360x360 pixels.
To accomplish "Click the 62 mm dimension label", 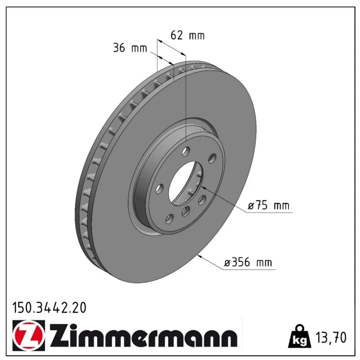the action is click(x=187, y=35).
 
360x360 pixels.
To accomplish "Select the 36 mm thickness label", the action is click(x=130, y=48).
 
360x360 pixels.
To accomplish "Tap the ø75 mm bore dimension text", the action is click(x=269, y=205).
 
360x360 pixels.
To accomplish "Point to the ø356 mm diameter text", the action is click(x=248, y=262).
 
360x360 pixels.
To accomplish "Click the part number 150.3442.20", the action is click(x=49, y=308).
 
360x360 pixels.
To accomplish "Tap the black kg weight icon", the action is click(x=299, y=337).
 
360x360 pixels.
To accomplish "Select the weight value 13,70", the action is click(x=331, y=337).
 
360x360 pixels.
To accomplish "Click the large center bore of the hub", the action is click(x=186, y=183).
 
